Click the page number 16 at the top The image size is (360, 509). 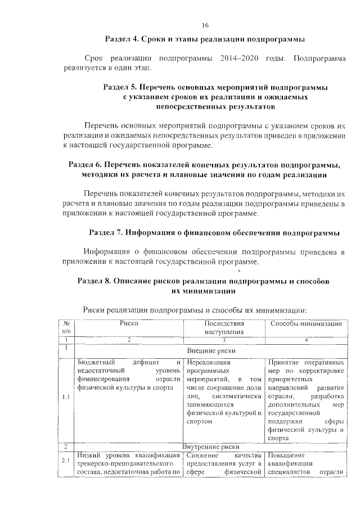[205, 25]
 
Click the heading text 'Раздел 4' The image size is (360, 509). [121, 40]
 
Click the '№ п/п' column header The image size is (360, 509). [66, 327]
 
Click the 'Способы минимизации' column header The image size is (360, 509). [307, 323]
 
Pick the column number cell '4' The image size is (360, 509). [307, 339]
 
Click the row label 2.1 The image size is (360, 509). [66, 462]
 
